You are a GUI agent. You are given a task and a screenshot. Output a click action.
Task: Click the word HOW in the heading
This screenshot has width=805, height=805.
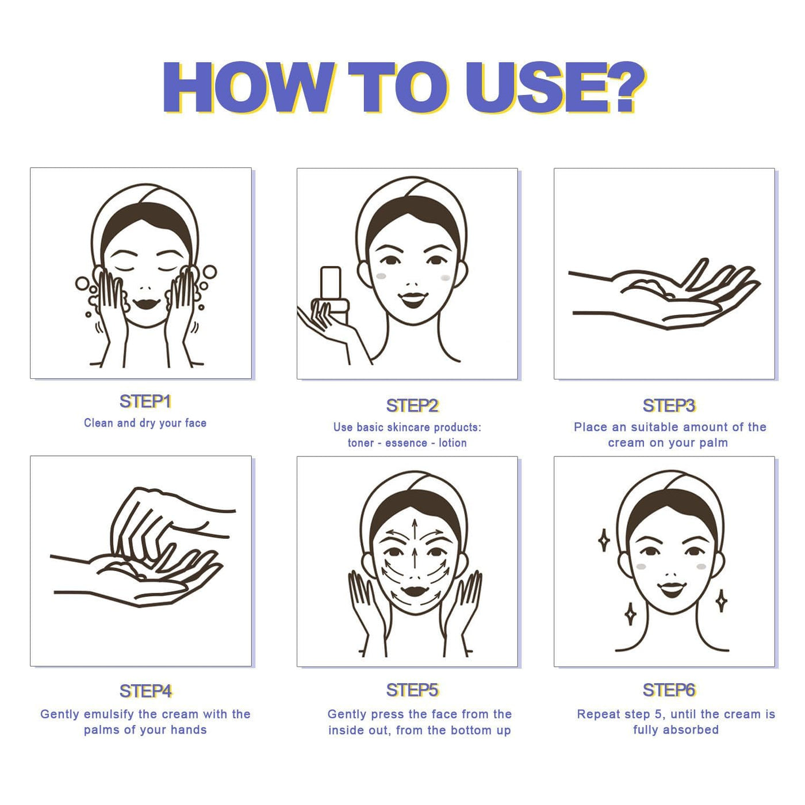pyautogui.click(x=248, y=88)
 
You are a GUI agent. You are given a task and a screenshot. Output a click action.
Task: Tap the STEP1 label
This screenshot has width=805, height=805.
pyautogui.click(x=145, y=401)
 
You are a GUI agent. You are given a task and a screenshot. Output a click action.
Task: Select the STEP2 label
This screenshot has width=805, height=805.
pyautogui.click(x=412, y=405)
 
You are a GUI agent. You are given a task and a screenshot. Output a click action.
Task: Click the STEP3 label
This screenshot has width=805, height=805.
pyautogui.click(x=669, y=405)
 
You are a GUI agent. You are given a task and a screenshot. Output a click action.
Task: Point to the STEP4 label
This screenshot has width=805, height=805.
pyautogui.click(x=146, y=691)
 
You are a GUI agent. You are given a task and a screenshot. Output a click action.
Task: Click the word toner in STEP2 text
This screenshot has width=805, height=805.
pyautogui.click(x=361, y=443)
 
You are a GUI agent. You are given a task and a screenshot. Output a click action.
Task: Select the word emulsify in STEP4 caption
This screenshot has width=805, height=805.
pyautogui.click(x=109, y=714)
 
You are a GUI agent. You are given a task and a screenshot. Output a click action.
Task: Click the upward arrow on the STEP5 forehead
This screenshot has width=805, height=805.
pyautogui.click(x=415, y=530)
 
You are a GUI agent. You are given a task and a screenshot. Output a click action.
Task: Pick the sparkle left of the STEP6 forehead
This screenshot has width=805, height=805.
pyautogui.click(x=604, y=541)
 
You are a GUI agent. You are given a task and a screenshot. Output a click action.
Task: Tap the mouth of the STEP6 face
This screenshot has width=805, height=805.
pyautogui.click(x=672, y=589)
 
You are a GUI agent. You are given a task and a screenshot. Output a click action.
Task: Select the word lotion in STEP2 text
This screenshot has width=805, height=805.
pyautogui.click(x=453, y=443)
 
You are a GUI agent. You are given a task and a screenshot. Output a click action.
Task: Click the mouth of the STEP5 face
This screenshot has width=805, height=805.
pyautogui.click(x=415, y=591)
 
